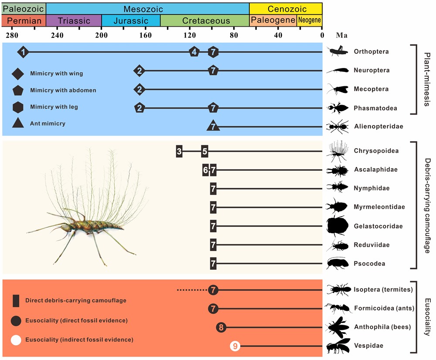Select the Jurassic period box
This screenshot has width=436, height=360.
(x=131, y=20)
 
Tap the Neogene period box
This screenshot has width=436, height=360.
(x=310, y=20)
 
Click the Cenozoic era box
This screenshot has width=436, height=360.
(x=286, y=9)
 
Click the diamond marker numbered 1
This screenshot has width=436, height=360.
(x=24, y=52)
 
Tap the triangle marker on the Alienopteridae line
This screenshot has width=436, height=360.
(x=213, y=126)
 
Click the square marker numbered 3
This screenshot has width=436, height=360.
(x=179, y=152)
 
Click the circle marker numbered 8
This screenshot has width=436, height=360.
(x=221, y=327)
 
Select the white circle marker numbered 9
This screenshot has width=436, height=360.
(x=235, y=346)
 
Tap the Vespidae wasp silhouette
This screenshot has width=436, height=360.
(x=339, y=346)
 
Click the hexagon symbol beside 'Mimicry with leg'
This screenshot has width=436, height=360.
(x=18, y=107)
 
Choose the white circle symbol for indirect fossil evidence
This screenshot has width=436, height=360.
(x=16, y=340)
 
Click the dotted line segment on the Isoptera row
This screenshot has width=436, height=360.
(x=192, y=290)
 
